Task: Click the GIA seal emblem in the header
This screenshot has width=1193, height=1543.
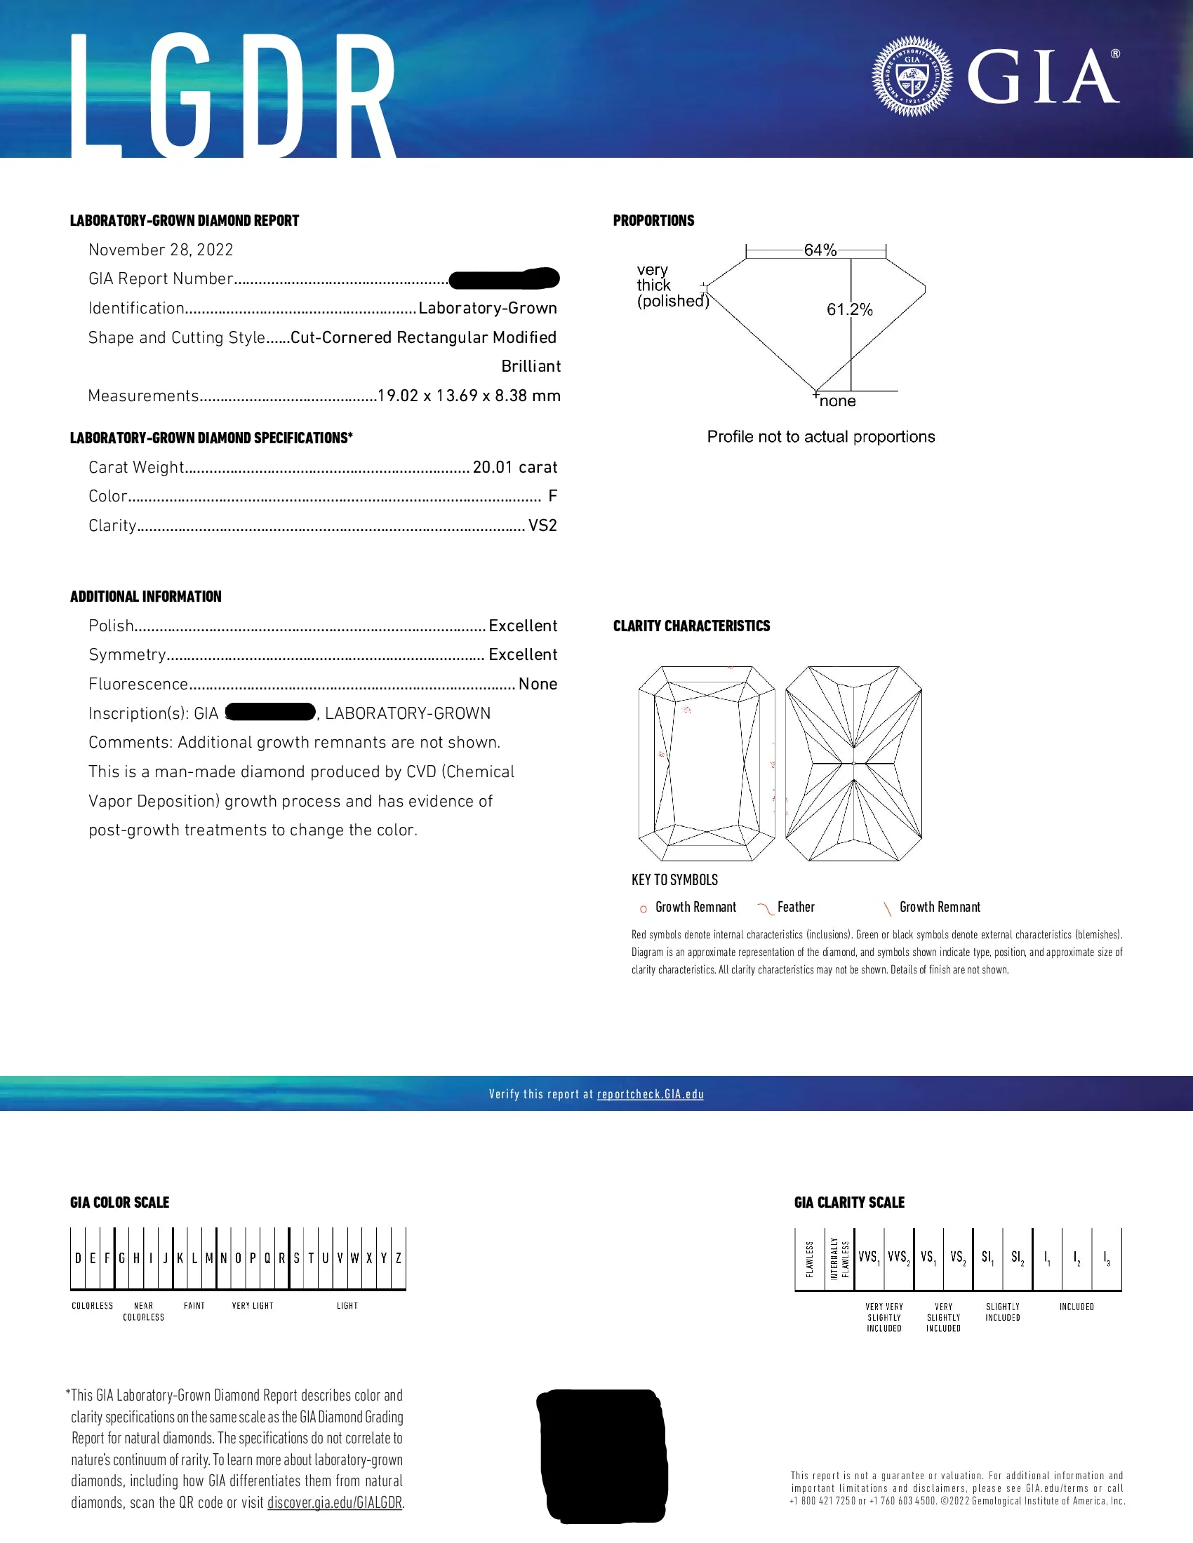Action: (x=912, y=76)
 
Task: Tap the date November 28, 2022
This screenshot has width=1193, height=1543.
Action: (x=161, y=250)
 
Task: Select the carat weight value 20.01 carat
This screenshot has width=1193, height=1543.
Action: (x=514, y=468)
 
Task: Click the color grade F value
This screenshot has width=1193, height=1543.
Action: (x=553, y=497)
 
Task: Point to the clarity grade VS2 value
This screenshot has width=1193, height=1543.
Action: (x=542, y=525)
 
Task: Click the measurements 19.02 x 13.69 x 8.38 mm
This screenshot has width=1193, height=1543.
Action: (x=469, y=396)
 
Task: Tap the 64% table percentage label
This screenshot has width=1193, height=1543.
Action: (x=820, y=250)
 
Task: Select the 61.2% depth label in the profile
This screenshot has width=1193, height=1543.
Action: (x=850, y=309)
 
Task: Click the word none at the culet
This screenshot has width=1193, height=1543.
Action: (x=837, y=401)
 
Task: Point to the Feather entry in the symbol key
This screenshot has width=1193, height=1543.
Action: (x=795, y=907)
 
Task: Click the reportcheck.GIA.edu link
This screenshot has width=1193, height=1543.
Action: (x=651, y=1094)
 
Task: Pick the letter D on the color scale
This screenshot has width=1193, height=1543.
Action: (x=78, y=1258)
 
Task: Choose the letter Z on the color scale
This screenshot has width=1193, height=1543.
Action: (x=399, y=1258)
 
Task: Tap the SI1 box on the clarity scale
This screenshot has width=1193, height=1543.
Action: (x=987, y=1258)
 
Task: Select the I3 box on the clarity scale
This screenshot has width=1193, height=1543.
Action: (x=1106, y=1258)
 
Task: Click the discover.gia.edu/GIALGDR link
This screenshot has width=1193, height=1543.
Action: (x=334, y=1503)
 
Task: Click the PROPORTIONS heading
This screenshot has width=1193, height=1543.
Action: (x=654, y=220)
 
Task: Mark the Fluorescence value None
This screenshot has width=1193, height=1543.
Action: (x=538, y=684)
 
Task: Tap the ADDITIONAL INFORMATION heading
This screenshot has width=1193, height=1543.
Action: (x=145, y=596)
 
